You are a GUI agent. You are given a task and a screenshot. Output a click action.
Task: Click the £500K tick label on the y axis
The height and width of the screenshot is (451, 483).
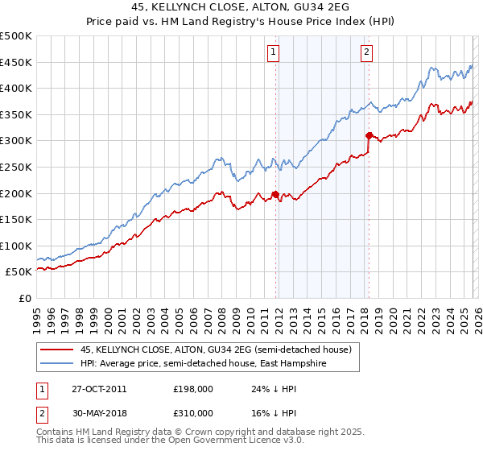16,36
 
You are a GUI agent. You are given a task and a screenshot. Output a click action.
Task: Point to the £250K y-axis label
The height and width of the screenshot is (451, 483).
16,167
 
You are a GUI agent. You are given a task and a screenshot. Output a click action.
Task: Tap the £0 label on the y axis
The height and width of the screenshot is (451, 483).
25,298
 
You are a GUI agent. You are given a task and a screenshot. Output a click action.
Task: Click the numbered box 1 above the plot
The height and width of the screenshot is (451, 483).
275,53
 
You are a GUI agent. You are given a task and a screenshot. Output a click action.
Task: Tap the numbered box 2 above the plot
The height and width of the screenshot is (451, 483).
367,53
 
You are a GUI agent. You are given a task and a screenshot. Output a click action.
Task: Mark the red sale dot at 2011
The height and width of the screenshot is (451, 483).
275,194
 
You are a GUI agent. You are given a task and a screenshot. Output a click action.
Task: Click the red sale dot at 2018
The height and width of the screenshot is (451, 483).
369,135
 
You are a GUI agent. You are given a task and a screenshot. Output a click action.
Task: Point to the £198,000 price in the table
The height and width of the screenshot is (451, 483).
192,388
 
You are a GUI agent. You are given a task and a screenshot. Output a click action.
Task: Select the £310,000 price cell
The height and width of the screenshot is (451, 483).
192,414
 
